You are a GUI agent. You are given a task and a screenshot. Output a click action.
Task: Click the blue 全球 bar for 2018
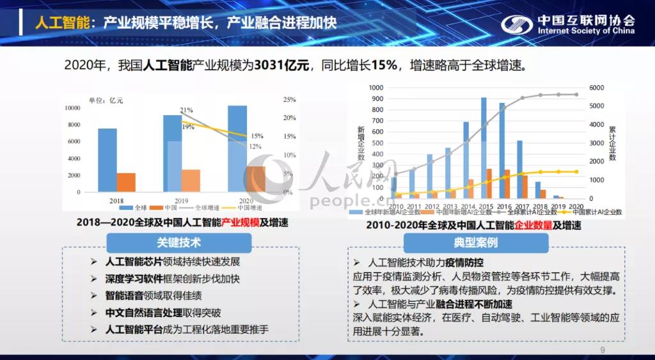[x=107, y=160]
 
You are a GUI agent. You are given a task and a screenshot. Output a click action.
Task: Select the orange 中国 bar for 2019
[x=191, y=180]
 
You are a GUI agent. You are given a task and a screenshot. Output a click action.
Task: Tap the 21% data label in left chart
[x=187, y=110]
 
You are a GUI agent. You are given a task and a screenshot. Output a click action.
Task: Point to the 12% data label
[x=255, y=146]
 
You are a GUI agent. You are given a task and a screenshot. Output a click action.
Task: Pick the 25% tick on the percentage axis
[x=288, y=100]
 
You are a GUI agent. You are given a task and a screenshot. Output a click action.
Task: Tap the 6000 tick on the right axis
[x=596, y=88]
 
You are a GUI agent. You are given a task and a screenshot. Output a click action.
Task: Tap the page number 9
[x=602, y=350]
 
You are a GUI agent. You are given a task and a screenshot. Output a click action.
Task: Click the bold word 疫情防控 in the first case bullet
[x=465, y=263]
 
